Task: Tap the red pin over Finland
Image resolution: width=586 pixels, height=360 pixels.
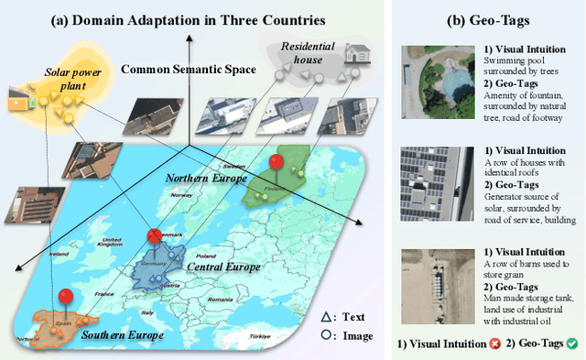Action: (274, 163)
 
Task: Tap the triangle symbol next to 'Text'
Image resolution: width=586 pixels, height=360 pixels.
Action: (325, 317)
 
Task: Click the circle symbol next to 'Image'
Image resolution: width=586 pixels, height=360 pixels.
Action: (325, 335)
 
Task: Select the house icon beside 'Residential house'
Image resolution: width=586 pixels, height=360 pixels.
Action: (355, 56)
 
